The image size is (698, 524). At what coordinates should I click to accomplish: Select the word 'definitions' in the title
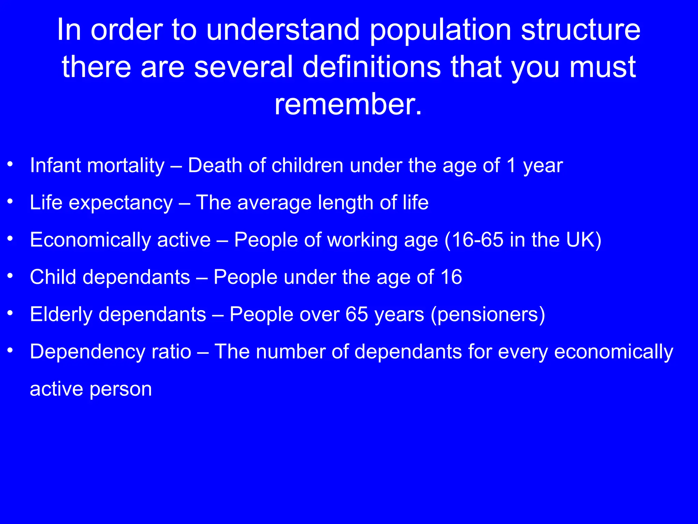pyautogui.click(x=371, y=67)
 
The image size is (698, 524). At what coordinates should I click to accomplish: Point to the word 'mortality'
pyautogui.click(x=126, y=166)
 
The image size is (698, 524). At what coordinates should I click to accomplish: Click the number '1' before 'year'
pyautogui.click(x=511, y=165)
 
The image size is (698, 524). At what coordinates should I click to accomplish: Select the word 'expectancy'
pyautogui.click(x=121, y=203)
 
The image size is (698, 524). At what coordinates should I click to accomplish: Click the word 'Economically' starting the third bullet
pyautogui.click(x=90, y=241)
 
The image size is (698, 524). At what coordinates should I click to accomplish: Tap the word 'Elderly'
pyautogui.click(x=61, y=315)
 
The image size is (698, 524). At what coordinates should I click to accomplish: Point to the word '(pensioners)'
pyautogui.click(x=488, y=315)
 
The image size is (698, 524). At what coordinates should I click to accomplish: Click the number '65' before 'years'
pyautogui.click(x=356, y=314)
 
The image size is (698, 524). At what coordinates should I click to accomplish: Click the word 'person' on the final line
pyautogui.click(x=121, y=389)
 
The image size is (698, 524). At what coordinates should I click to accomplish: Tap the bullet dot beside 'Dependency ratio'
pyautogui.click(x=11, y=350)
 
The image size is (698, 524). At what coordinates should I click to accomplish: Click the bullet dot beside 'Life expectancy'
pyautogui.click(x=11, y=202)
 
